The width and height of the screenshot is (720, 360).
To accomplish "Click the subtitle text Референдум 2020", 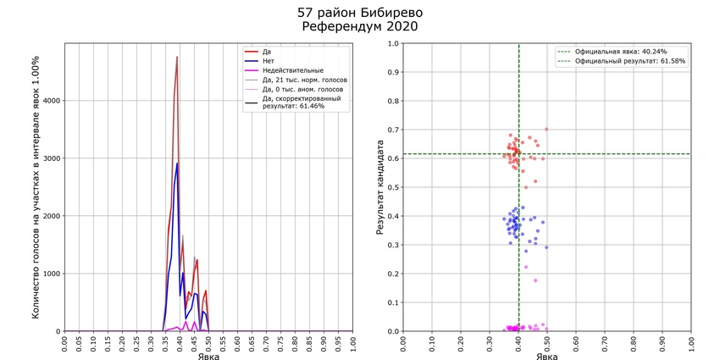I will (x=359, y=27).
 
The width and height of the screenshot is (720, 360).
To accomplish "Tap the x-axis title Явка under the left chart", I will (x=208, y=356).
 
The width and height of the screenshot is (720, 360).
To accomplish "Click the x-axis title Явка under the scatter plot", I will (x=546, y=356).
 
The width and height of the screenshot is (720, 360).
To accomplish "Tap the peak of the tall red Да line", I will (x=177, y=57).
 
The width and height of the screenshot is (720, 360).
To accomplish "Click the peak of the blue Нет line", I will (x=177, y=163).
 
